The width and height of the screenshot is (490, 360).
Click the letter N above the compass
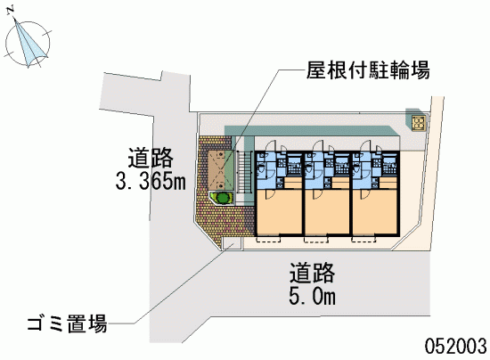click(11, 10)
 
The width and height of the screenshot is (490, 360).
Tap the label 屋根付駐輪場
click(368, 70)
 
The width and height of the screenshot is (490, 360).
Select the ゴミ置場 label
click(67, 323)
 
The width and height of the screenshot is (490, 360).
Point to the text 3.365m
click(151, 181)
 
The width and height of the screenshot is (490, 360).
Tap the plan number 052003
click(455, 346)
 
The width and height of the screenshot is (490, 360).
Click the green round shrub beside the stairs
click(223, 198)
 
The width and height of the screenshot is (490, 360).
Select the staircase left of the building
click(245, 172)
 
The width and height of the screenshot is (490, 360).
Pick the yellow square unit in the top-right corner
click(419, 123)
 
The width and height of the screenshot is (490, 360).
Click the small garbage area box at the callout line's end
click(232, 242)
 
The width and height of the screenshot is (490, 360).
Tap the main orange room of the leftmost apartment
click(279, 211)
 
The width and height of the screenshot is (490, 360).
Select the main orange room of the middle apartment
click(327, 211)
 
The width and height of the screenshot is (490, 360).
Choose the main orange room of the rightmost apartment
click(375, 211)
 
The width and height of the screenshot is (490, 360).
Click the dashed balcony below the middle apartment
click(316, 239)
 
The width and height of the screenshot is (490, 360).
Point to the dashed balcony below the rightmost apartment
click(363, 239)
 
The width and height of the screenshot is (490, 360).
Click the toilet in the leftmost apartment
click(260, 169)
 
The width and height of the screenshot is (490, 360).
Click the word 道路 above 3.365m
click(151, 158)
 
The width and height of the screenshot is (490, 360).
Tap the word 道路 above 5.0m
click(312, 273)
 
